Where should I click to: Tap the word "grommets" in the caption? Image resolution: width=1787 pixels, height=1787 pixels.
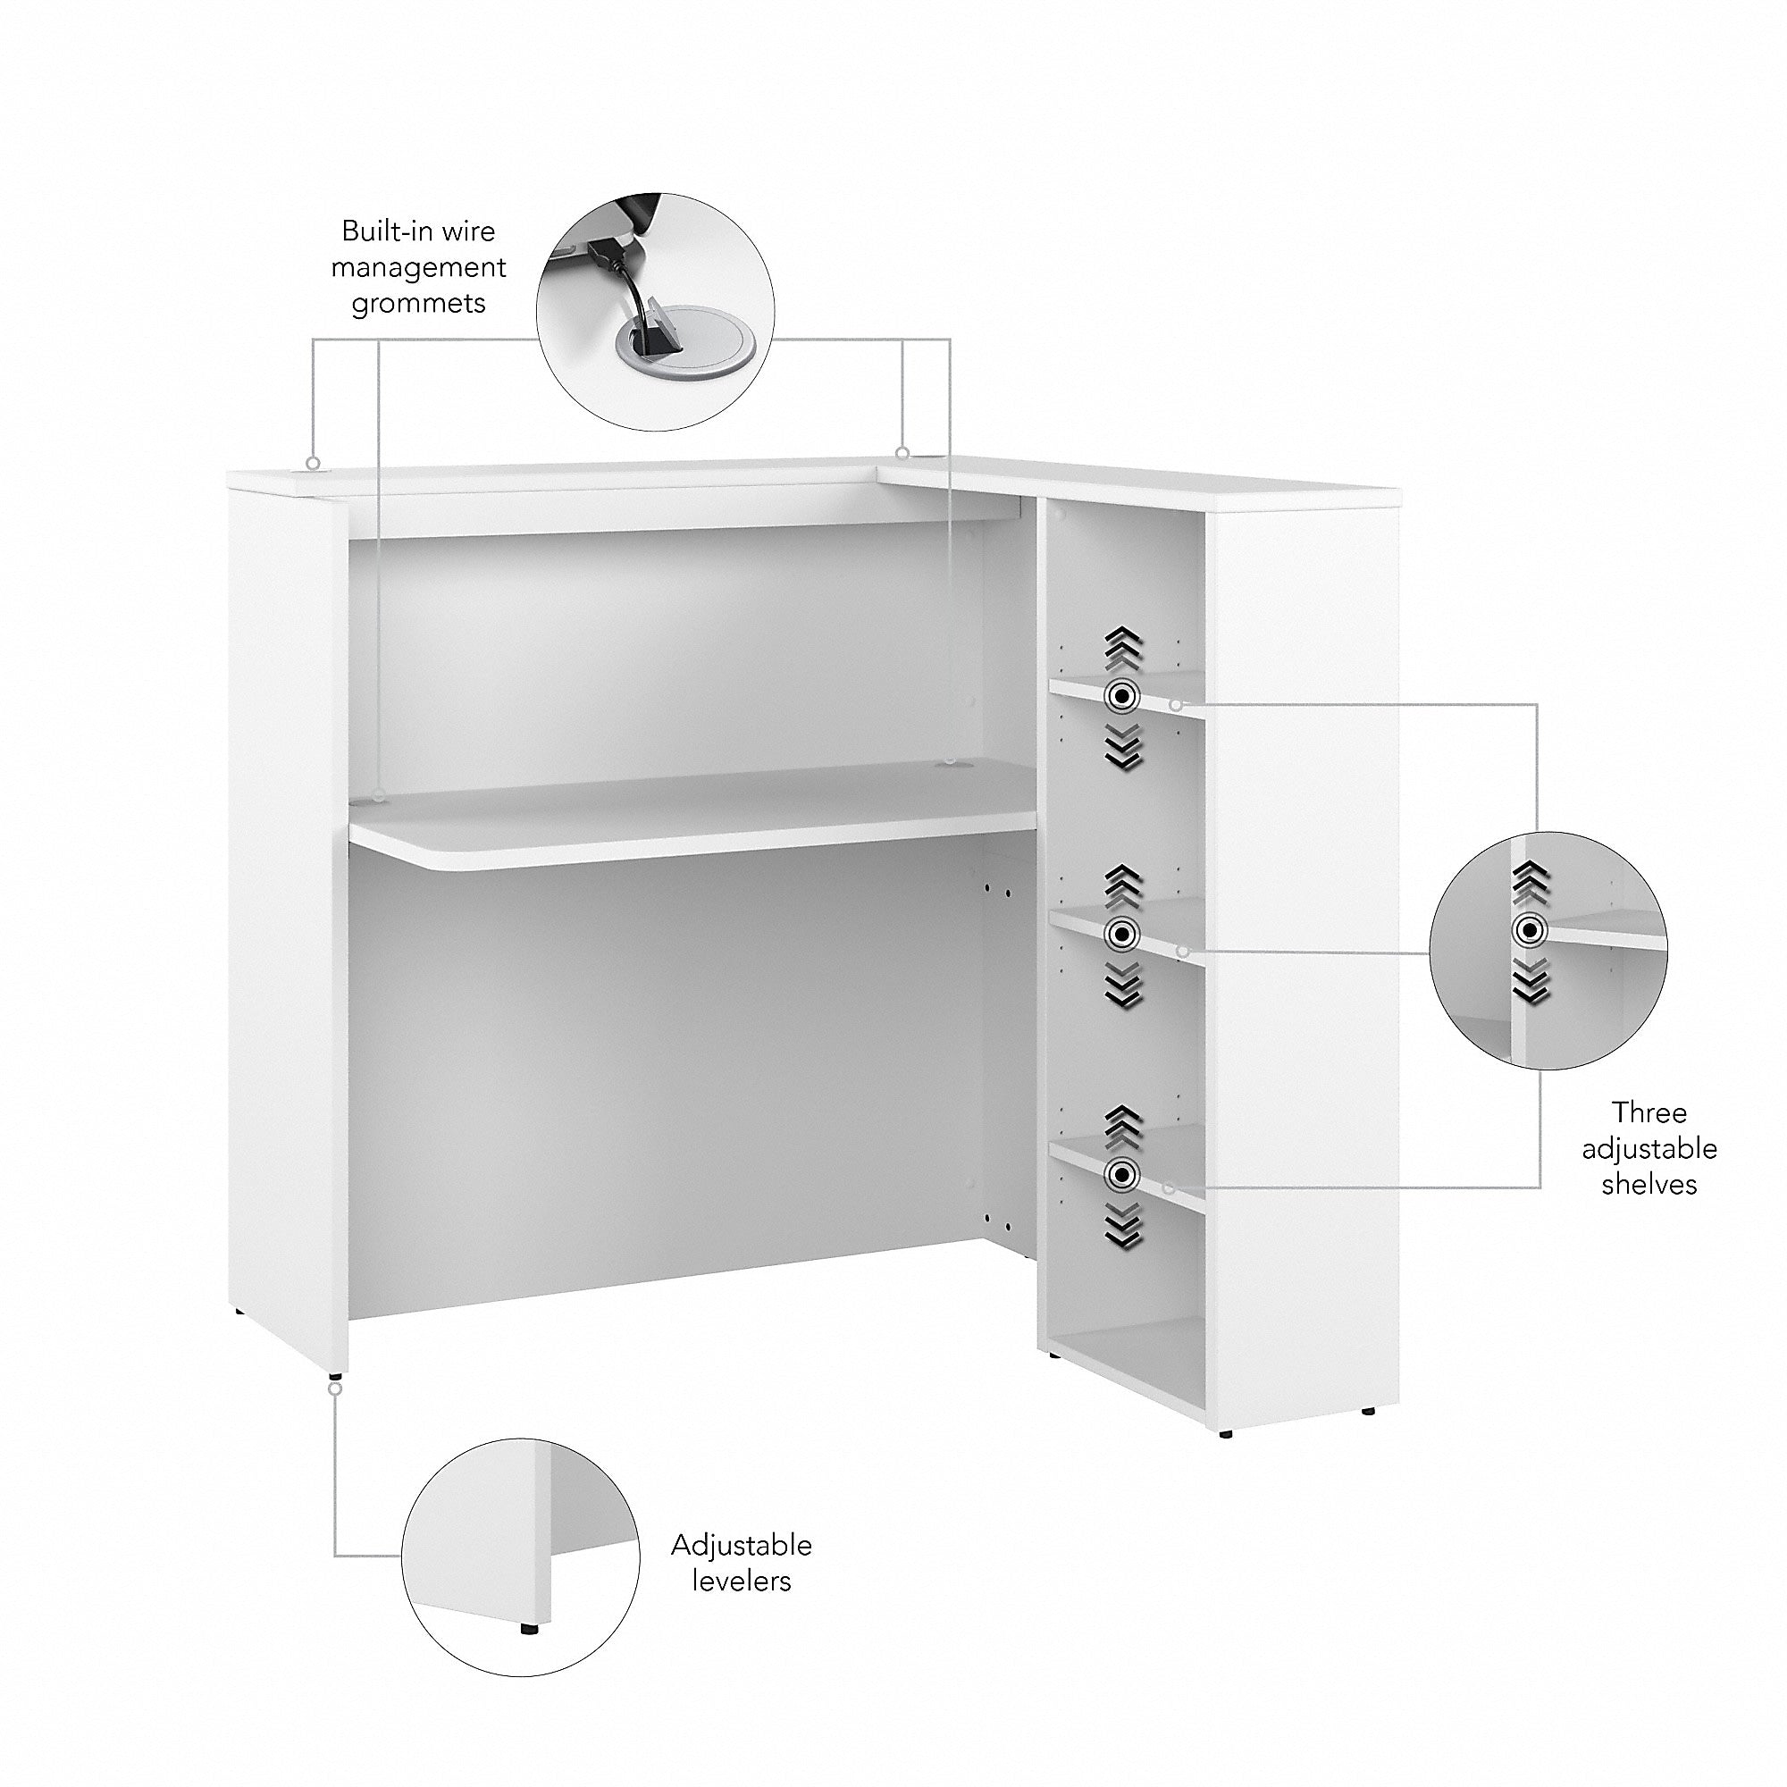point(418,305)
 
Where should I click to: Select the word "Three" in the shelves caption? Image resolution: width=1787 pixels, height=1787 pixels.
point(1649,1112)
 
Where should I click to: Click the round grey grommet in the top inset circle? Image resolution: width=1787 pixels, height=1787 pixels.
point(684,347)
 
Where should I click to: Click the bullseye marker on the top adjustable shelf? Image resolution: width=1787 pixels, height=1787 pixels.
point(1121,695)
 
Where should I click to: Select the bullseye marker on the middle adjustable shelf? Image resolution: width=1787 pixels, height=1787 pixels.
point(1121,935)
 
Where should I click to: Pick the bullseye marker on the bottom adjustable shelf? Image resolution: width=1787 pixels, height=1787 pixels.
point(1122,1176)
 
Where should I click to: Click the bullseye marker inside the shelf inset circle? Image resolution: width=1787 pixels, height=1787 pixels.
point(1529,931)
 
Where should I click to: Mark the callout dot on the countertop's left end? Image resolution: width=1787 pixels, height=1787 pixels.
point(314,463)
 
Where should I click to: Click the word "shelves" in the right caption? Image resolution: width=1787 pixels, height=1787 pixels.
point(1649,1185)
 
